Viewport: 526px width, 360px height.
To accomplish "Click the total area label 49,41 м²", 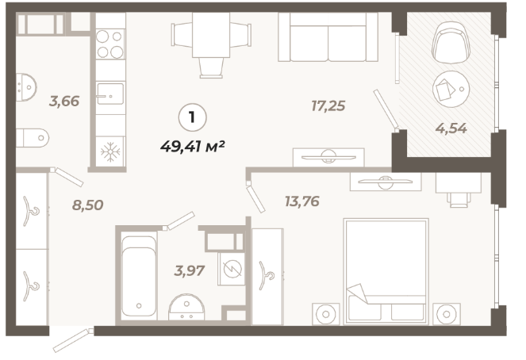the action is (192, 147).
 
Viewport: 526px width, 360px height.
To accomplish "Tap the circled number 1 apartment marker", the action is (192, 117).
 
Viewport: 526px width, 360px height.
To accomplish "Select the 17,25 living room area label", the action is (328, 106).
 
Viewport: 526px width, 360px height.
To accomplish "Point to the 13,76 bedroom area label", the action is (302, 201).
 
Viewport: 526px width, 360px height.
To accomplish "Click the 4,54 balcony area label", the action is (451, 128).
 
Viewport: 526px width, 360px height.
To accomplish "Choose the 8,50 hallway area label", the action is (87, 205).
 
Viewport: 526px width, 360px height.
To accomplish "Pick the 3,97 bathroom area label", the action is (189, 270).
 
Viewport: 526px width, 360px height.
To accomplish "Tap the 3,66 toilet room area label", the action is (64, 101).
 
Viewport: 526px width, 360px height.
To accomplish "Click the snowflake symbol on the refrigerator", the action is (110, 152).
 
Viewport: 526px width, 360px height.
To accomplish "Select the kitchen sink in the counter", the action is (110, 94).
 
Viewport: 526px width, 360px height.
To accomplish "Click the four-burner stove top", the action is (110, 44).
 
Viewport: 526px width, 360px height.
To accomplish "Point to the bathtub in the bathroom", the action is (139, 276).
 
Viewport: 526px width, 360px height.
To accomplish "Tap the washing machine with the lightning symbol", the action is (232, 269).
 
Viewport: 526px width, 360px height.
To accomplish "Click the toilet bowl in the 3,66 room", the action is (33, 138).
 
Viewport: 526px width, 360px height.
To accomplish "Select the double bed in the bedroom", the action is (386, 271).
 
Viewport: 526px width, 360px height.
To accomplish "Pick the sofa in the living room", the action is (328, 36).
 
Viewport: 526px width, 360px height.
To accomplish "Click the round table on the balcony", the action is (451, 89).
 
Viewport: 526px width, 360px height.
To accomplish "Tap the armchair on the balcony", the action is (451, 43).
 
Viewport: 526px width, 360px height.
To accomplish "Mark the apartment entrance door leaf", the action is (72, 340).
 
